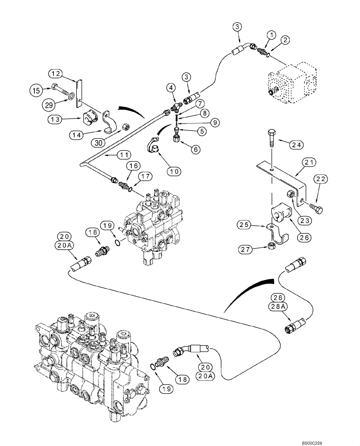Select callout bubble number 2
(285, 41)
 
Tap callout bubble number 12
(56, 74)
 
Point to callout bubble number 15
(37, 90)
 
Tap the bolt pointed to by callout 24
(271, 138)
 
